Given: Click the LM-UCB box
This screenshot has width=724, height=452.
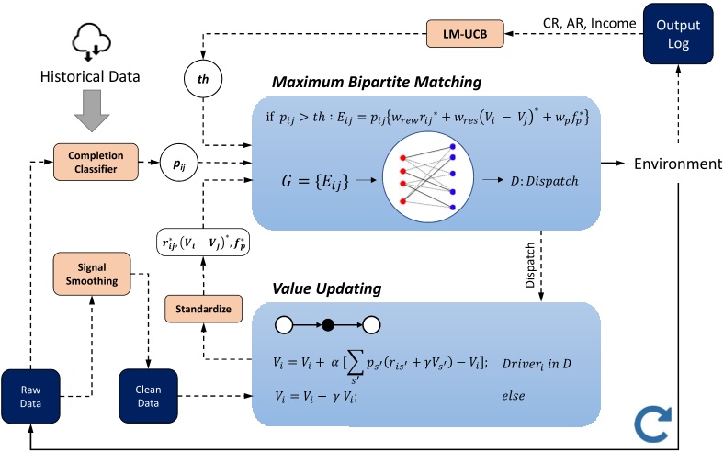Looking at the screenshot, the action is pyautogui.click(x=465, y=34).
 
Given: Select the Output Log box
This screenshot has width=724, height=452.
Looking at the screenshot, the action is pyautogui.click(x=678, y=34).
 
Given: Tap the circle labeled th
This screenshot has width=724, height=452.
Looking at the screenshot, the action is pyautogui.click(x=203, y=79).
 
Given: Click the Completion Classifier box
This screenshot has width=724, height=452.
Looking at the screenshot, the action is pyautogui.click(x=96, y=162).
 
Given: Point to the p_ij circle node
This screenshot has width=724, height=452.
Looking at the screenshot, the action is pyautogui.click(x=179, y=163).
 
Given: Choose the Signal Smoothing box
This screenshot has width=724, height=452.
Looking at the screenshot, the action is pyautogui.click(x=92, y=274).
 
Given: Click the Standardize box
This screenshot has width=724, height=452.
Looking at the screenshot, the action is pyautogui.click(x=204, y=309).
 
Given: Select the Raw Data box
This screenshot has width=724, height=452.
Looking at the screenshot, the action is pyautogui.click(x=30, y=396).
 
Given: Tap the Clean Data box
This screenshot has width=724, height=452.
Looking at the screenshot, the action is pyautogui.click(x=148, y=396).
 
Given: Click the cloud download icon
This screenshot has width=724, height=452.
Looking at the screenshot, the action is pyautogui.click(x=92, y=42).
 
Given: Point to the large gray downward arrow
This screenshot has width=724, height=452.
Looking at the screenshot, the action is pyautogui.click(x=92, y=110).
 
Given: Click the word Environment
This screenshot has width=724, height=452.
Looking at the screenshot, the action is pyautogui.click(x=678, y=164).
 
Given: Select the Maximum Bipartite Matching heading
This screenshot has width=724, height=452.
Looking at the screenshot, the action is pyautogui.click(x=377, y=82).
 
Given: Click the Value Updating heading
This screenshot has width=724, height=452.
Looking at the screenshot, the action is pyautogui.click(x=327, y=288).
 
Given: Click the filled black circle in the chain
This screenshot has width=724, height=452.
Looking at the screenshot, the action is pyautogui.click(x=328, y=325).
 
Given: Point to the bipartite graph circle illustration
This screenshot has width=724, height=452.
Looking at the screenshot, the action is pyautogui.click(x=428, y=176).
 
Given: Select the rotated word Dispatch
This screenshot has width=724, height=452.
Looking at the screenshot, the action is pyautogui.click(x=530, y=265).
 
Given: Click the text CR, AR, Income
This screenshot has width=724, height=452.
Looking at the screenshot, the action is pyautogui.click(x=589, y=24).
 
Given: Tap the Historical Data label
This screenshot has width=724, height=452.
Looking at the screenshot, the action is pyautogui.click(x=90, y=76).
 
